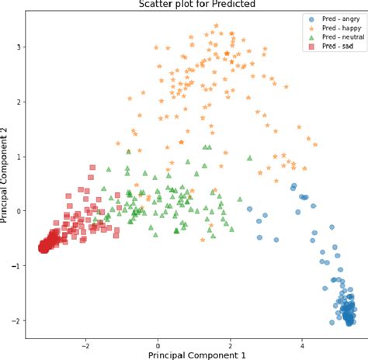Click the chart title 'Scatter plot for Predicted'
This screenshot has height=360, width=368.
point(193,5)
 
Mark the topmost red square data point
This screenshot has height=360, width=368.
point(92,168)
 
